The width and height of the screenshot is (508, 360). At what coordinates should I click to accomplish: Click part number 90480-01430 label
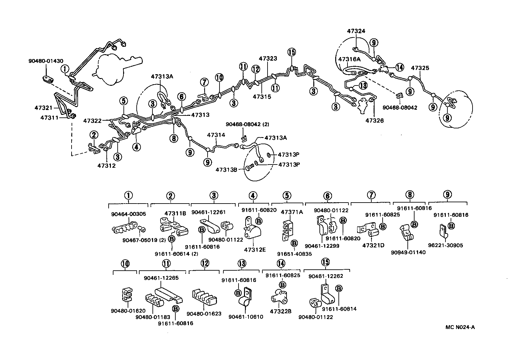tap(46, 61)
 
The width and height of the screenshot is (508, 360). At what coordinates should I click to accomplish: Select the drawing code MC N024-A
tap(460, 327)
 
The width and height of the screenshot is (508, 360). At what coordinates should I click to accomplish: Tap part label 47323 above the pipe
tap(268, 59)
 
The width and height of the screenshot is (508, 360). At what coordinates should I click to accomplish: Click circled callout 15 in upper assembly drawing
tap(291, 52)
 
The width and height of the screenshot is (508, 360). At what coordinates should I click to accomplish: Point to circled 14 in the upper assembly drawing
tap(399, 67)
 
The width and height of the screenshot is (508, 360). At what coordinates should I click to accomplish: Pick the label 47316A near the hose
tap(349, 59)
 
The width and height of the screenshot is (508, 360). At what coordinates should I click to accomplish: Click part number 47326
tap(374, 120)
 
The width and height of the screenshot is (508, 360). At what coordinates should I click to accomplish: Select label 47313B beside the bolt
tap(227, 169)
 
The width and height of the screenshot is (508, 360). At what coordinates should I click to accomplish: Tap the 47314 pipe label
tap(216, 135)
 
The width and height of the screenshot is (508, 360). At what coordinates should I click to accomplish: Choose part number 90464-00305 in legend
tap(128, 213)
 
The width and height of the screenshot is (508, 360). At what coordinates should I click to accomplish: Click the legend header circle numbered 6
tap(327, 195)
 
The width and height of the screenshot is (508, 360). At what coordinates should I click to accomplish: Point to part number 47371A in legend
tap(292, 212)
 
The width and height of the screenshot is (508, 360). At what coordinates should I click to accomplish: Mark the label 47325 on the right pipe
tap(420, 68)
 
